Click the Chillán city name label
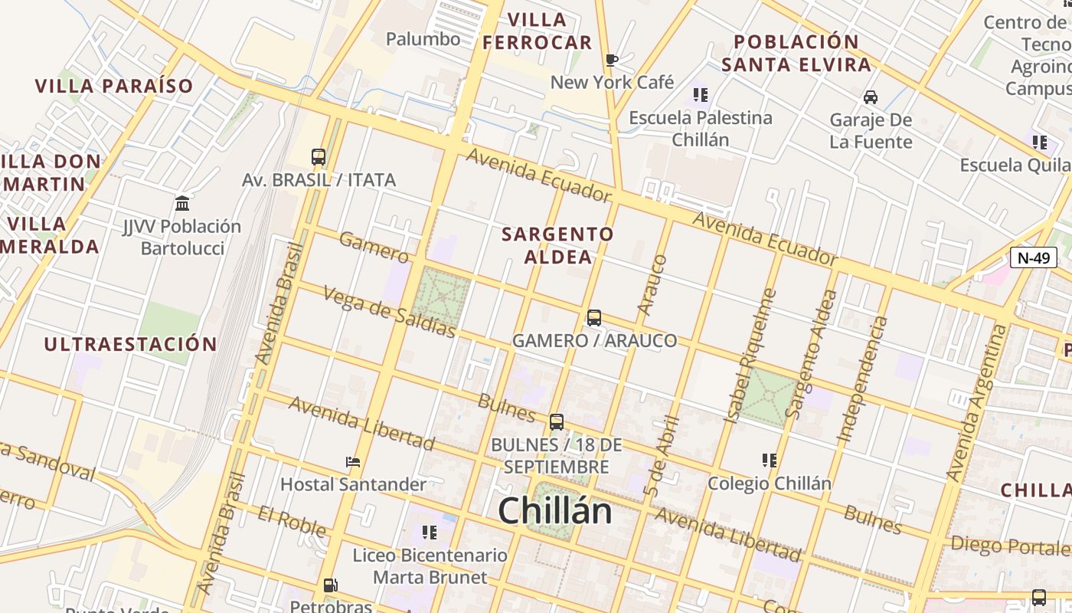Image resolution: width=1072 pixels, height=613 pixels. (555, 511)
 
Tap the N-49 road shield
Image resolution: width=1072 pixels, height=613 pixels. (1033, 257)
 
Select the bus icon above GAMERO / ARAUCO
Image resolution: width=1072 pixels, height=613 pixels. (593, 317)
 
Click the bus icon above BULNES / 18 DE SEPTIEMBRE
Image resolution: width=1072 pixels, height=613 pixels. (557, 421)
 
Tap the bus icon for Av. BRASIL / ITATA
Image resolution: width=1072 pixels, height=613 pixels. (319, 157)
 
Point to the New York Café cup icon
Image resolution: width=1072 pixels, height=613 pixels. (611, 60)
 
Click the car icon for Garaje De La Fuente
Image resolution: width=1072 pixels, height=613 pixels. (871, 97)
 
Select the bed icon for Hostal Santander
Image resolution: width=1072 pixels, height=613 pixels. (353, 461)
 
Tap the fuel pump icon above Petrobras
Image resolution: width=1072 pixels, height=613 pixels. (330, 585)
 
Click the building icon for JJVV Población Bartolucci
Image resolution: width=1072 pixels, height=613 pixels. (182, 203)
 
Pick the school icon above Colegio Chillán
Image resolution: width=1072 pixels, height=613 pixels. (770, 460)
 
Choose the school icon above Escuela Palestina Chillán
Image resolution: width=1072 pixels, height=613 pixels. (700, 95)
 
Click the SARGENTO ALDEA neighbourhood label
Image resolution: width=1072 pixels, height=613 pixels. (557, 245)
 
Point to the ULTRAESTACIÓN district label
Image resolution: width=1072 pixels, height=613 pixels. (130, 344)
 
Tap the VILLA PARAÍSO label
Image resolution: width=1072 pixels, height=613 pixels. (114, 86)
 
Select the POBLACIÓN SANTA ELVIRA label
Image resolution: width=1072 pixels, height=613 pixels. (796, 53)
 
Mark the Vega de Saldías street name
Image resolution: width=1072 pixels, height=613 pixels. (389, 312)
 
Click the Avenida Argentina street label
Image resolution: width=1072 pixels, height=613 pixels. (978, 402)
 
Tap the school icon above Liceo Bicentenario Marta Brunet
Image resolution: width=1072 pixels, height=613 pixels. (429, 531)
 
